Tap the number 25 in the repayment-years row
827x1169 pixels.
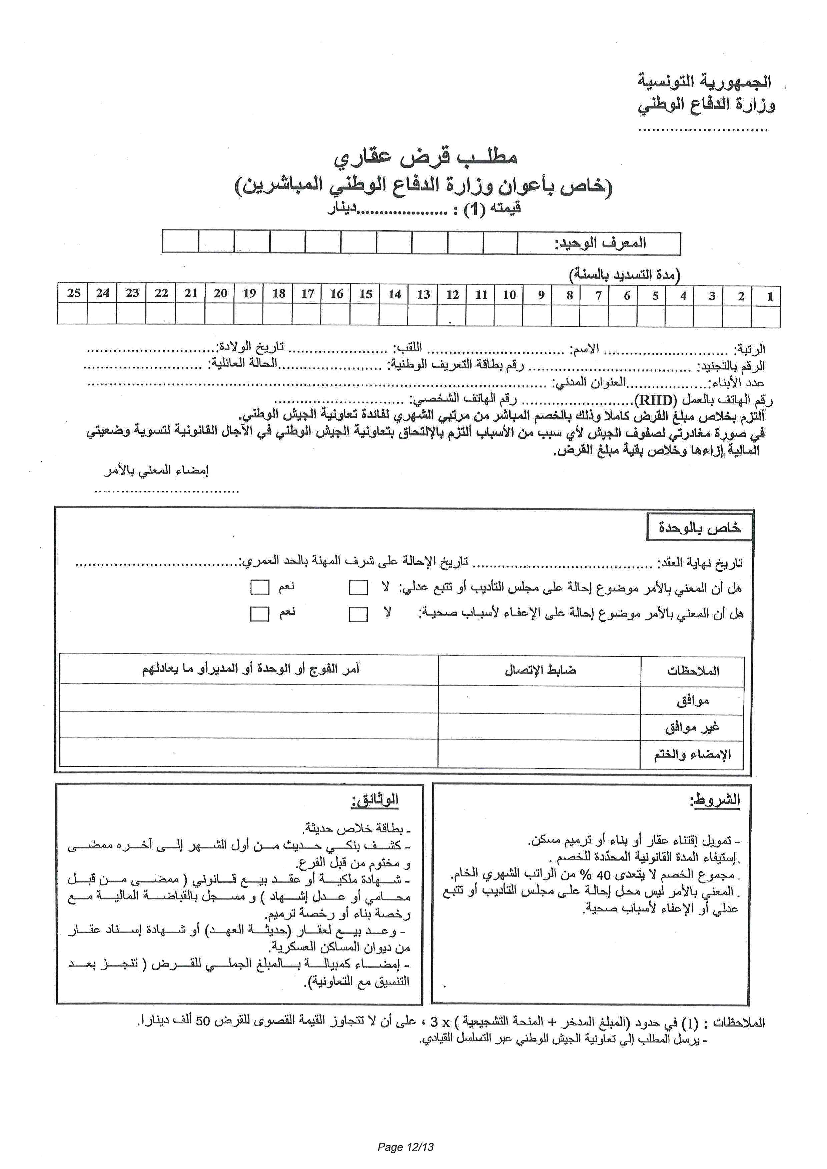pyautogui.click(x=74, y=293)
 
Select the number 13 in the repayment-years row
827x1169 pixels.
pyautogui.click(x=424, y=294)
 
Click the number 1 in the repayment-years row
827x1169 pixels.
pyautogui.click(x=770, y=296)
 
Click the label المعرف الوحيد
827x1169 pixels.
pyautogui.click(x=600, y=243)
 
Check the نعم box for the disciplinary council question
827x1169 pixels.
pyautogui.click(x=260, y=587)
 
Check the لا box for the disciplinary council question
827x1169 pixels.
pyautogui.click(x=358, y=588)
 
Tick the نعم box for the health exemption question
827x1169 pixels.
pyautogui.click(x=260, y=614)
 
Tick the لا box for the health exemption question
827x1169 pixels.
pyautogui.click(x=358, y=614)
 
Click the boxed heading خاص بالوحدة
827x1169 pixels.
pyautogui.click(x=699, y=527)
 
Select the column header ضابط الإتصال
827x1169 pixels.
pyautogui.click(x=540, y=670)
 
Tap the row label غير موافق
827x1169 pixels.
pyautogui.click(x=692, y=727)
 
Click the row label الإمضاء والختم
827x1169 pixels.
pyautogui.click(x=692, y=755)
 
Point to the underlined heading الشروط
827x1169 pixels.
pyautogui.click(x=715, y=800)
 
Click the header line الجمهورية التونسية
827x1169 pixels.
pyautogui.click(x=704, y=81)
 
